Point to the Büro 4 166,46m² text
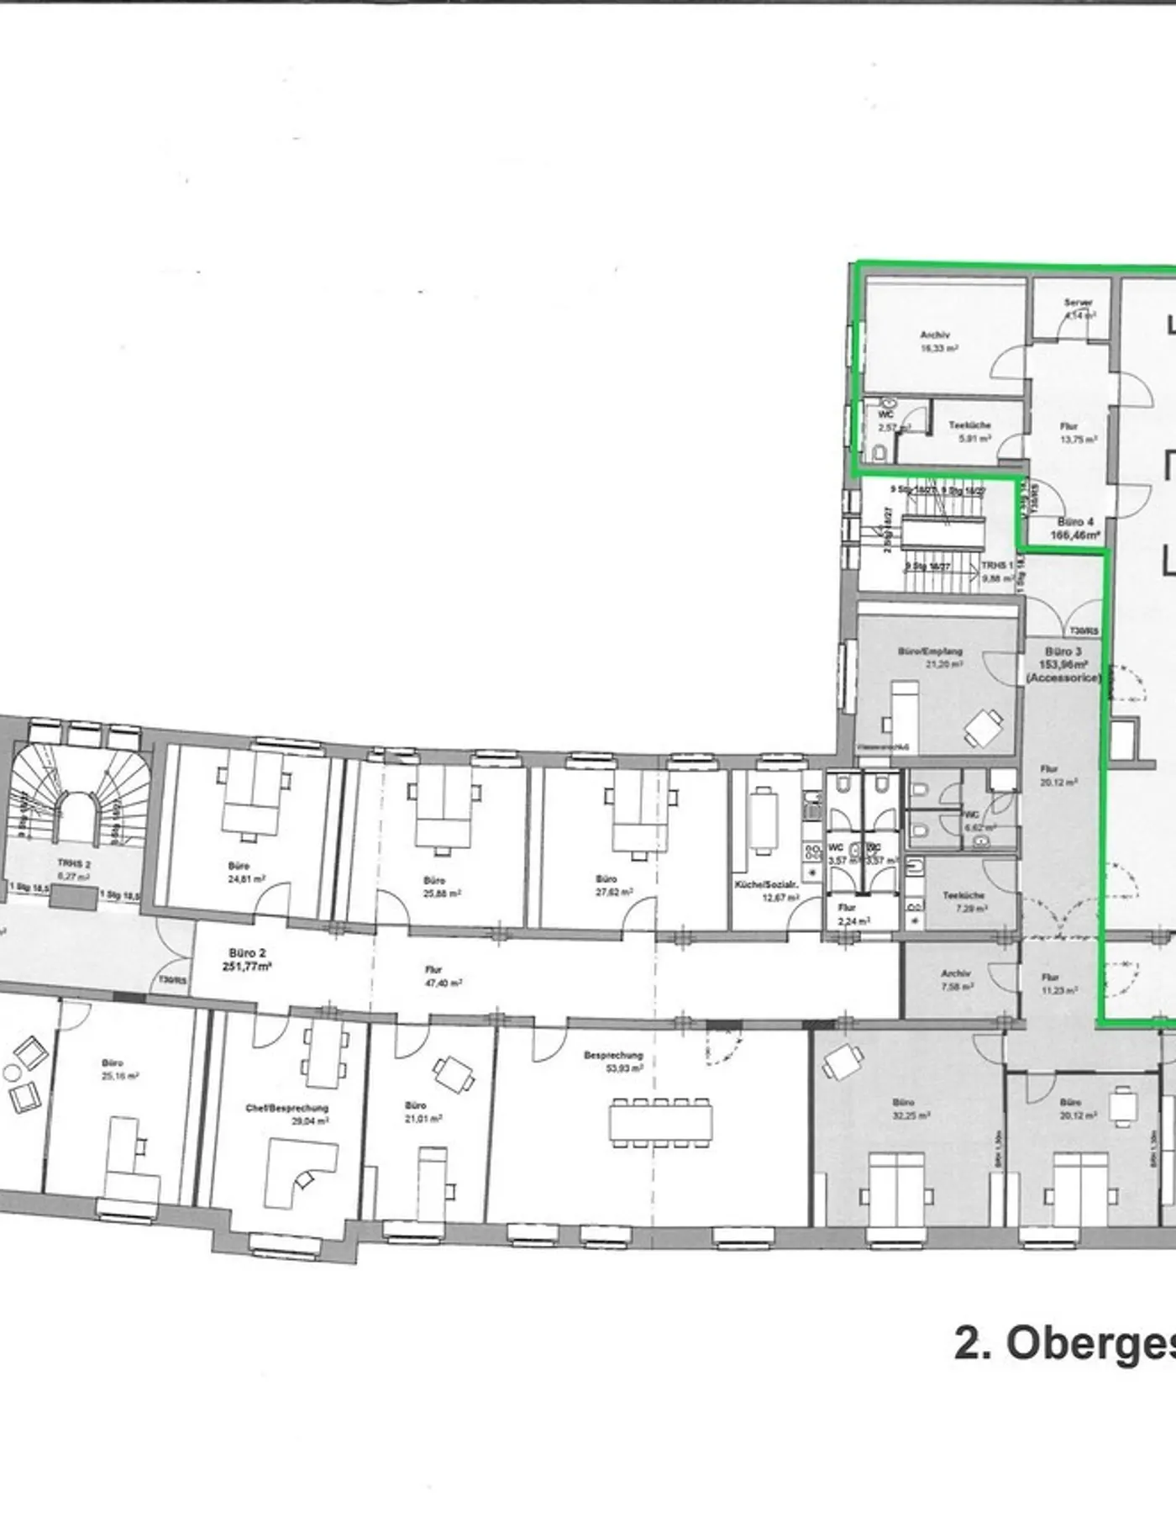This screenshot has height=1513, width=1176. [x=1075, y=528]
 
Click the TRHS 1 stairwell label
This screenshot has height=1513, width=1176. [x=997, y=572]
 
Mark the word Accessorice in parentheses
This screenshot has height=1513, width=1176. [x=1063, y=677]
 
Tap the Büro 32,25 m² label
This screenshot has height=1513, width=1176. [x=904, y=1108]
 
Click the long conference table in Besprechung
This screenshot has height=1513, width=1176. [x=662, y=1122]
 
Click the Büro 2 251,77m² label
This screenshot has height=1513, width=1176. [x=247, y=959]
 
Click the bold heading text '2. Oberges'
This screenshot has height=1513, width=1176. [x=1063, y=1367]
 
